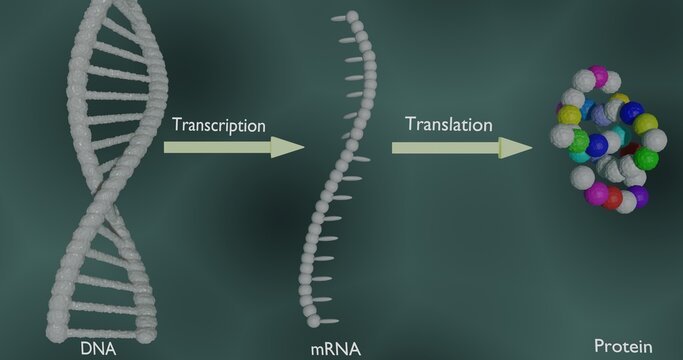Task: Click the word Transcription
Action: tap(219, 126)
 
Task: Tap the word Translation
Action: tap(449, 125)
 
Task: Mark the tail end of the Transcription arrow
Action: tap(167, 148)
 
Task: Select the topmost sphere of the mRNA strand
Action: tap(351, 17)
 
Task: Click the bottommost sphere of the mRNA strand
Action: tap(314, 323)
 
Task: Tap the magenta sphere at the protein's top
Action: tap(598, 75)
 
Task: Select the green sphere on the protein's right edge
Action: tap(647, 158)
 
